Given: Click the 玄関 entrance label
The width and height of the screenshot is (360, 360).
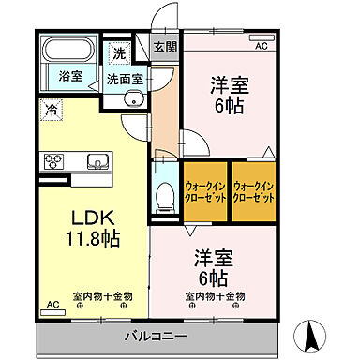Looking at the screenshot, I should coord(165,47).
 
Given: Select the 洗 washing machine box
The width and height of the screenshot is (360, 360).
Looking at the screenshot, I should coord(119,52).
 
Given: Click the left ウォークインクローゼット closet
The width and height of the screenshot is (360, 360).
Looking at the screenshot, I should coord(205,192).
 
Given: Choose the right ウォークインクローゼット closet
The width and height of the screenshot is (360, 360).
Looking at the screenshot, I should coord(253,192).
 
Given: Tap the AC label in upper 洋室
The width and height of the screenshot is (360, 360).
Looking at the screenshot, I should coord(261,45).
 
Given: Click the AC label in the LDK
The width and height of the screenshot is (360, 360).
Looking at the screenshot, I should coord(52,305).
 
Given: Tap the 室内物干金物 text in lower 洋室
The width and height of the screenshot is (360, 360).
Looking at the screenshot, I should coord(215,296).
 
